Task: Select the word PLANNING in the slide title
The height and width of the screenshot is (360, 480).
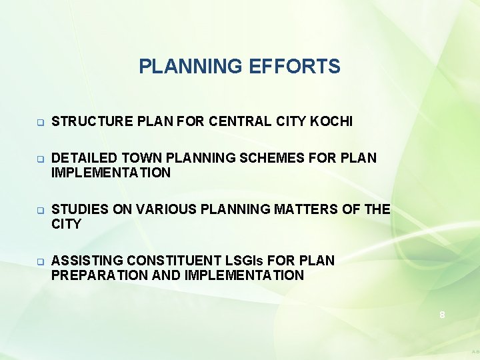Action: pos(191,67)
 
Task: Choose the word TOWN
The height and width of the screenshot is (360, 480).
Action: pos(139,159)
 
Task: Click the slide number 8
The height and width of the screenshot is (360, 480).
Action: pos(442,315)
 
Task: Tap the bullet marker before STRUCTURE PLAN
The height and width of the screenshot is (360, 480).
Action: pos(40,123)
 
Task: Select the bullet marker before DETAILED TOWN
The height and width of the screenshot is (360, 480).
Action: pos(40,159)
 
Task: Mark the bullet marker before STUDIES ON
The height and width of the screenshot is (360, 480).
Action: pos(40,211)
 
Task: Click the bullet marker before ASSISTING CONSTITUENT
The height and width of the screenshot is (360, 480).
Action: pos(40,261)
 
